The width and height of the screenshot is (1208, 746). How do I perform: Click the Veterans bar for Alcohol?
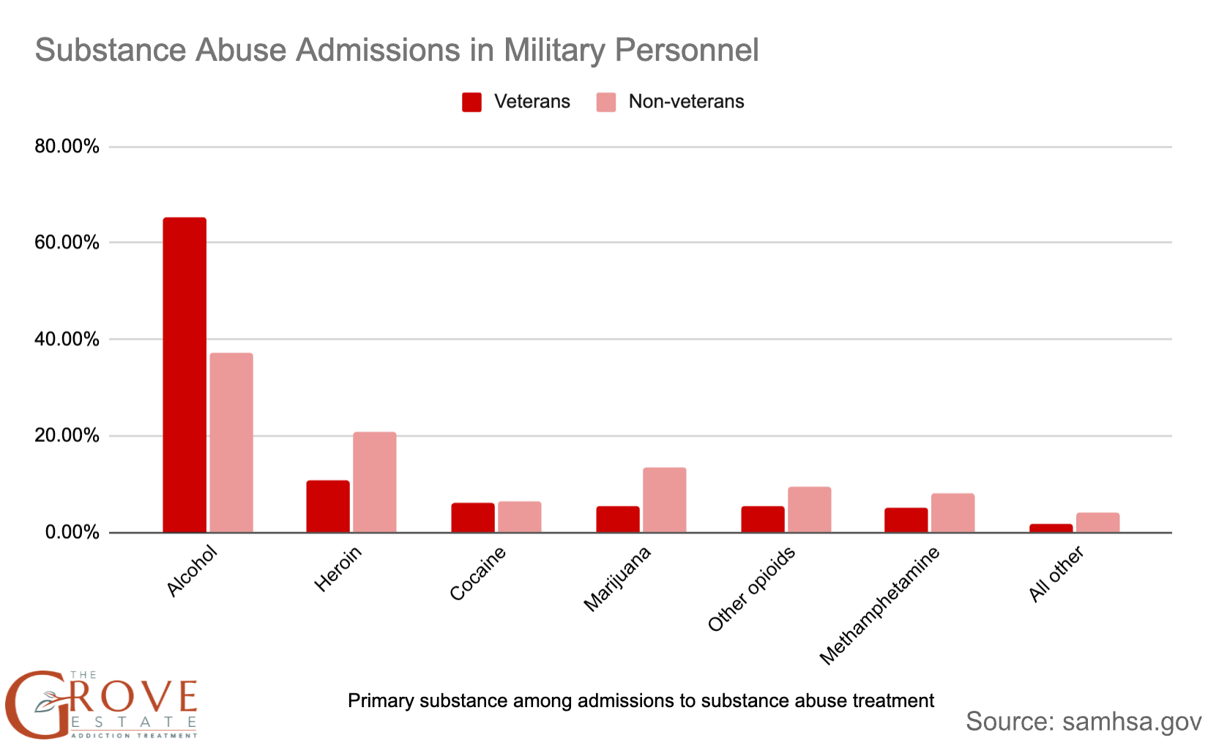[x=184, y=374]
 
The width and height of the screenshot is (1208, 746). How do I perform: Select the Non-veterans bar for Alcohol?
[x=231, y=443]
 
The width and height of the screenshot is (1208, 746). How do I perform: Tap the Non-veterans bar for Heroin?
[x=375, y=482]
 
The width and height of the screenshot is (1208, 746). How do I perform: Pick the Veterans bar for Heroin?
[x=328, y=506]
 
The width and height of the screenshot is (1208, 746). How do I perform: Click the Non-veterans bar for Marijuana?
[x=665, y=500]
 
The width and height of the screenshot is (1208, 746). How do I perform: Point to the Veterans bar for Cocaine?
[x=473, y=517]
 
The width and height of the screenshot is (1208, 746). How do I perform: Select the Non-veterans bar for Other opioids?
[x=810, y=509]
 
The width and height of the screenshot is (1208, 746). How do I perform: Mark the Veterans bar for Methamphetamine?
[x=906, y=520]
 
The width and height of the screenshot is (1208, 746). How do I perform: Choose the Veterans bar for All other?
[x=1051, y=528]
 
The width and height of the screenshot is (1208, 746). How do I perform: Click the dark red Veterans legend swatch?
[x=472, y=102]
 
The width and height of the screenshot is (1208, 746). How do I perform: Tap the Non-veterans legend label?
[x=686, y=102]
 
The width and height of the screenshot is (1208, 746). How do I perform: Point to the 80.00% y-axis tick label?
[x=67, y=147]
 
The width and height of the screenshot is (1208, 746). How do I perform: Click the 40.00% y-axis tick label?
[x=67, y=339]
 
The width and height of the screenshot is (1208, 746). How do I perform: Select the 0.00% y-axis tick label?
[x=72, y=532]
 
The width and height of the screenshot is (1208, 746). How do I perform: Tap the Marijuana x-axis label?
[x=617, y=580]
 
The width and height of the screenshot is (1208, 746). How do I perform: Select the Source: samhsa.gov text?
[x=1083, y=721]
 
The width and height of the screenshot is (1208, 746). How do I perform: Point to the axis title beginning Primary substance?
[x=641, y=701]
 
